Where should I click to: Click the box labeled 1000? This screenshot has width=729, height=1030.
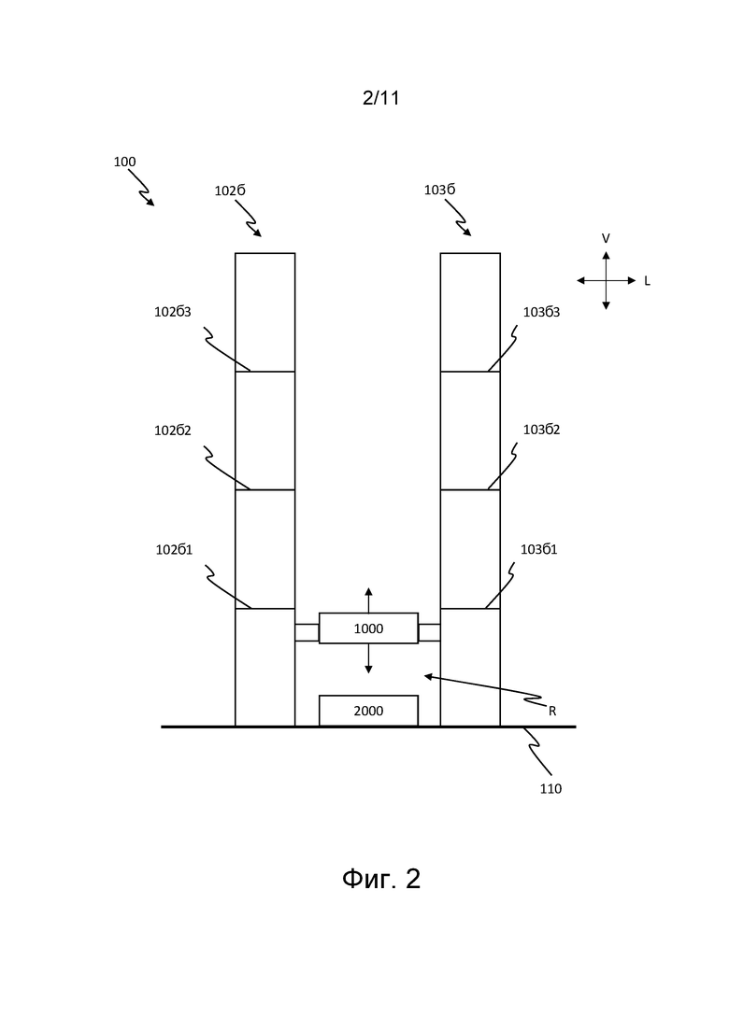coord(368,628)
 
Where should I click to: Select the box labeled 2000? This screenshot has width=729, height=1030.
coord(368,711)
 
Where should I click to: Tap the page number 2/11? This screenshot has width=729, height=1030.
coord(381,98)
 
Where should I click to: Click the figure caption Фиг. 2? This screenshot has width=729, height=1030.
coord(381,879)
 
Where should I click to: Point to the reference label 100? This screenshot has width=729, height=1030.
coord(125,162)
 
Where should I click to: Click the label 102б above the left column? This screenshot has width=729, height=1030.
coord(230,190)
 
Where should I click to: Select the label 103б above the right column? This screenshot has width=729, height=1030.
coord(440,190)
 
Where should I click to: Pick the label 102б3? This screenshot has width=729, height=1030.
coord(173,312)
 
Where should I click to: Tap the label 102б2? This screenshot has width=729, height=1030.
coord(173,430)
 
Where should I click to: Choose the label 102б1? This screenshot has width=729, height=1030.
coord(174,549)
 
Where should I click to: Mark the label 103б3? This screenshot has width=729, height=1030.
coord(542,312)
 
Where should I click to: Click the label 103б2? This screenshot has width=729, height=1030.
coord(542,430)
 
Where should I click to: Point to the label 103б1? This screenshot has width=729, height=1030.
coord(539,549)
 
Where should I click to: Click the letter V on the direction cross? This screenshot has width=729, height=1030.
coord(606,238)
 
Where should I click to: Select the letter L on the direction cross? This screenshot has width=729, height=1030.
coord(647,281)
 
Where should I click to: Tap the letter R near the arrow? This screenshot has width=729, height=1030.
coord(552,711)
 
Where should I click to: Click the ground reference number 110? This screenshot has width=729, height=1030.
coord(550,789)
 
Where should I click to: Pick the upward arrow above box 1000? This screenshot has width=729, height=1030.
coord(368,600)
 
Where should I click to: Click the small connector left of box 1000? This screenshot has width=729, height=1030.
coord(307,632)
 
